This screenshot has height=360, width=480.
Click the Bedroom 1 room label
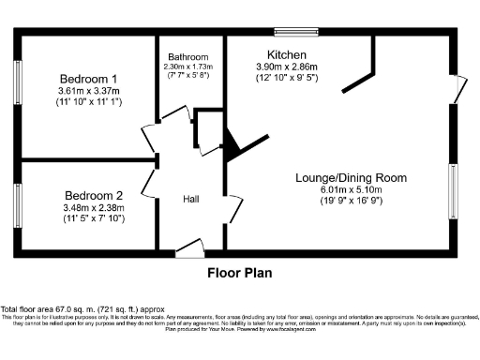click(89, 78)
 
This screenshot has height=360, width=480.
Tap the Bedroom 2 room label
click(89, 194)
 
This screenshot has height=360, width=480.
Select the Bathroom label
click(188, 55)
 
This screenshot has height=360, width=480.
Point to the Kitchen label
click(287, 54)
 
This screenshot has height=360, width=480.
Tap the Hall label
click(190, 199)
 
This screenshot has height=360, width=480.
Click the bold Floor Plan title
click(239, 276)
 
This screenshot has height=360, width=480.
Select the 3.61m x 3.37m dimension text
click(89, 91)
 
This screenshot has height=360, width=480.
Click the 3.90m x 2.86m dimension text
click(287, 67)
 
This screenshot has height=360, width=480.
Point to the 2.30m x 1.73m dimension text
click(188, 67)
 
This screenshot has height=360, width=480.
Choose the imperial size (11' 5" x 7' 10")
click(89, 218)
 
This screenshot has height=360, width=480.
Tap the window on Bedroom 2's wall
click(17, 204)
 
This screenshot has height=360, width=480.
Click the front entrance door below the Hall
click(190, 249)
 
